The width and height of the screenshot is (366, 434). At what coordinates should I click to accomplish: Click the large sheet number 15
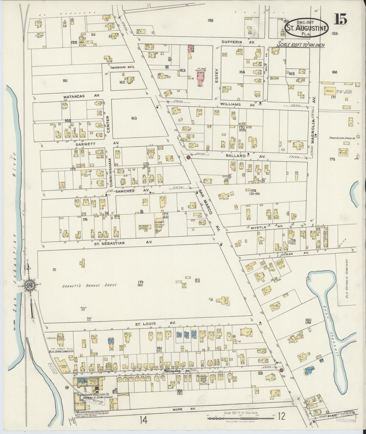[340, 19]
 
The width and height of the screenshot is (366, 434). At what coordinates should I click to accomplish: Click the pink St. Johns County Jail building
[202, 76]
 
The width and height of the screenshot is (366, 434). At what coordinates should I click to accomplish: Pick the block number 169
[134, 118]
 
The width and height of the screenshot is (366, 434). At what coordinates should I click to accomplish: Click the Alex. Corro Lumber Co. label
[61, 352]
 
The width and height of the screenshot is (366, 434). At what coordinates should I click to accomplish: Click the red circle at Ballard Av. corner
[188, 157]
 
